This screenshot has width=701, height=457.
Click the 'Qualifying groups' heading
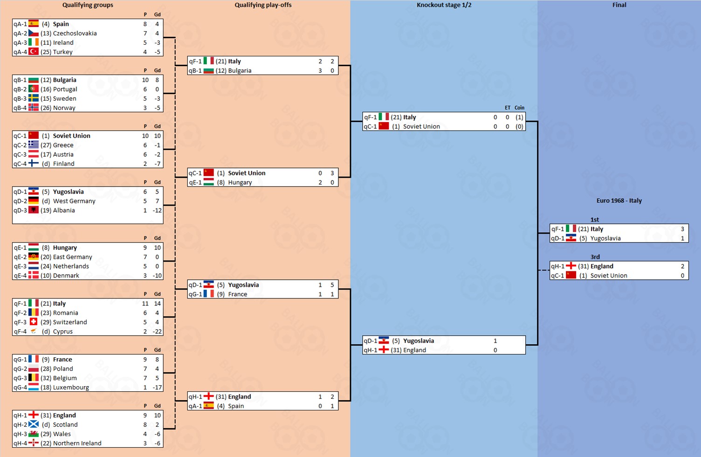pyautogui.click(x=88, y=5)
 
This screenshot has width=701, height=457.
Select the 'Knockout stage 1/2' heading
pyautogui.click(x=444, y=5)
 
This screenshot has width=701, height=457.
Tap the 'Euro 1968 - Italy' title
pyautogui.click(x=619, y=201)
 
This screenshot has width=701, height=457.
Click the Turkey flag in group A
pyautogui.click(x=34, y=52)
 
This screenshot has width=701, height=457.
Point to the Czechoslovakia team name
pyautogui.click(x=75, y=33)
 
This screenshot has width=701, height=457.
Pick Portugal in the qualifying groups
pyautogui.click(x=65, y=89)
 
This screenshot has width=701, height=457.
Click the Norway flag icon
pyautogui.click(x=34, y=108)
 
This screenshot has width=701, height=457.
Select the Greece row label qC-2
pyautogui.click(x=20, y=145)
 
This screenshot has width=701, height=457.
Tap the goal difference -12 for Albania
pyautogui.click(x=157, y=210)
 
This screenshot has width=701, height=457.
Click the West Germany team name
pyautogui.click(x=74, y=201)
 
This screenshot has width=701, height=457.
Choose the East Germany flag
pyautogui.click(x=34, y=257)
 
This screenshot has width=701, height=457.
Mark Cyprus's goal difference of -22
pyautogui.click(x=157, y=332)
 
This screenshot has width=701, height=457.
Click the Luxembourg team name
pyautogui.click(x=71, y=388)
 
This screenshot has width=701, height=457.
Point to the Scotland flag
pyautogui.click(x=34, y=425)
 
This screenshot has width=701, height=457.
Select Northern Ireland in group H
pyautogui.click(x=77, y=443)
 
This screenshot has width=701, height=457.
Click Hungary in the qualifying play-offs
pyautogui.click(x=240, y=182)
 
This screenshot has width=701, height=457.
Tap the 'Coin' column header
pyautogui.click(x=519, y=108)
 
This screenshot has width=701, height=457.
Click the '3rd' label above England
pyautogui.click(x=595, y=257)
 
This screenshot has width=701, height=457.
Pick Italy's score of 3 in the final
pyautogui.click(x=682, y=229)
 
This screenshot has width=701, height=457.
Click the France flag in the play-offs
pyautogui.click(x=209, y=294)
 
